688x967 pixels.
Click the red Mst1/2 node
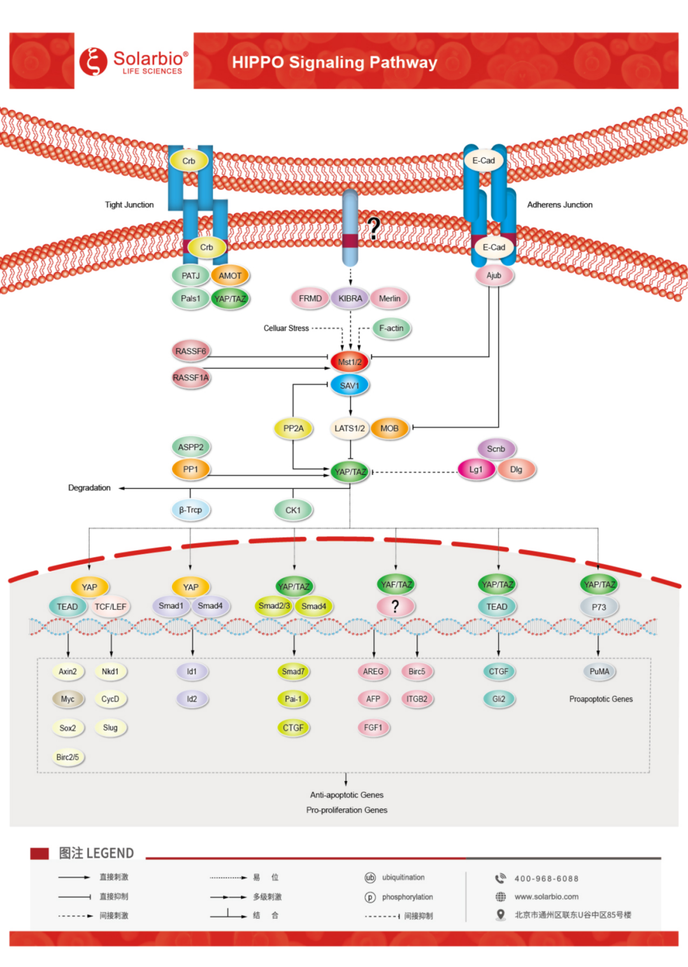pyautogui.click(x=349, y=362)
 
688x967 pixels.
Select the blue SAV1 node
pyautogui.click(x=349, y=385)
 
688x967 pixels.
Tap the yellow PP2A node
pyautogui.click(x=293, y=428)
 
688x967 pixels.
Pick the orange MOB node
pyautogui.click(x=389, y=428)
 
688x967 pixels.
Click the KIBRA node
pyautogui.click(x=350, y=299)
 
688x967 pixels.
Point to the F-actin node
pyautogui.click(x=391, y=328)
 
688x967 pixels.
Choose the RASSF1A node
pyautogui.click(x=191, y=378)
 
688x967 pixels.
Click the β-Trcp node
pyautogui.click(x=190, y=510)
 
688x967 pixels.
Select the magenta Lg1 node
pyautogui.click(x=476, y=469)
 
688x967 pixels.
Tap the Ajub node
pyautogui.click(x=494, y=276)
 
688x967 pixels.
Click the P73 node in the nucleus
pyautogui.click(x=599, y=607)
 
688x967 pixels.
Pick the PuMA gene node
pyautogui.click(x=599, y=671)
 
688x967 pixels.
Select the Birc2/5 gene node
pyautogui.click(x=68, y=757)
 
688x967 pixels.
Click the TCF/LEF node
pyautogui.click(x=111, y=607)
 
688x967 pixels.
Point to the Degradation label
pyautogui.click(x=89, y=488)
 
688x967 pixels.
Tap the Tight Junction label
pyautogui.click(x=129, y=204)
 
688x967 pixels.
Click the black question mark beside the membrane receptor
pyautogui.click(x=374, y=229)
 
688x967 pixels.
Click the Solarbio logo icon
pyautogui.click(x=93, y=61)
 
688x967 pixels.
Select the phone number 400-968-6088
pyautogui.click(x=547, y=879)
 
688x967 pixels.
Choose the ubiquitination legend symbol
pyautogui.click(x=370, y=877)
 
